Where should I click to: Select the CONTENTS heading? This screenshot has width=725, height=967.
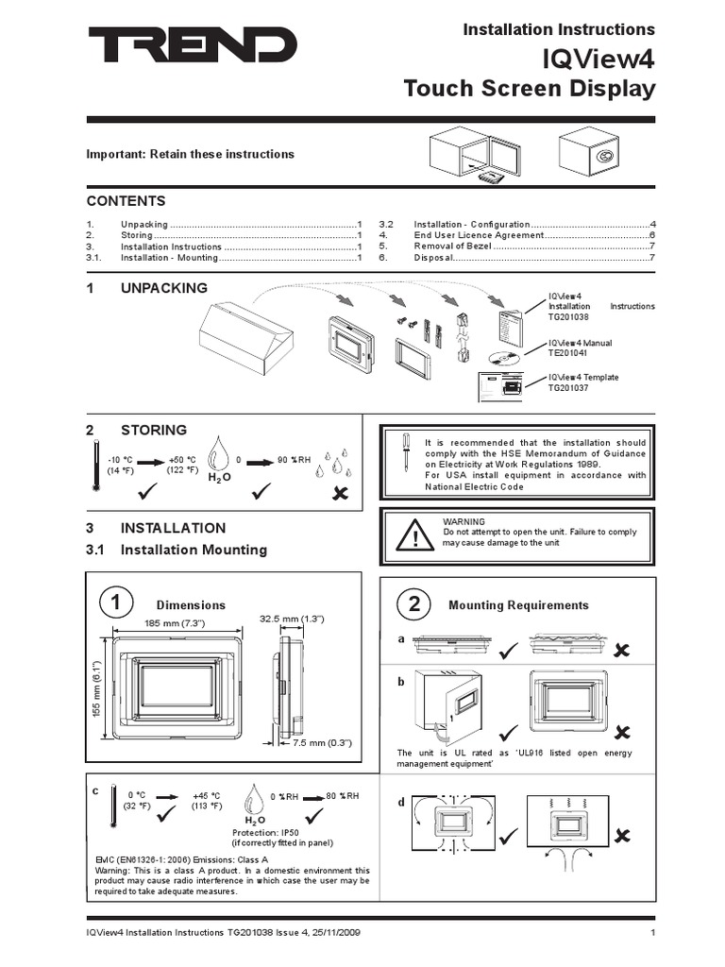pos(126,201)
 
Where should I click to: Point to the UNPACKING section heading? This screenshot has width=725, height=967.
pos(164,287)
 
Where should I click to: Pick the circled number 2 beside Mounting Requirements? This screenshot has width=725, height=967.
pos(413,604)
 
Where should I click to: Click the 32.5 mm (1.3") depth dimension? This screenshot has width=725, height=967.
pos(293,619)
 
